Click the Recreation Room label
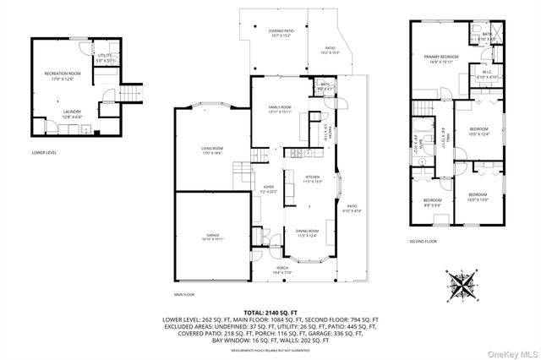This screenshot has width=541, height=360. pyautogui.click(x=62, y=76)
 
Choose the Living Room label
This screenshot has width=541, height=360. pyautogui.click(x=211, y=150)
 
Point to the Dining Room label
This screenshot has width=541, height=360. pyautogui.click(x=307, y=233)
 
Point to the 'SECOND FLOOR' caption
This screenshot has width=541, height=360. pyautogui.click(x=425, y=241)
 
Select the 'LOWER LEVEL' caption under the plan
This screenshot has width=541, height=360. pyautogui.click(x=43, y=153)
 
